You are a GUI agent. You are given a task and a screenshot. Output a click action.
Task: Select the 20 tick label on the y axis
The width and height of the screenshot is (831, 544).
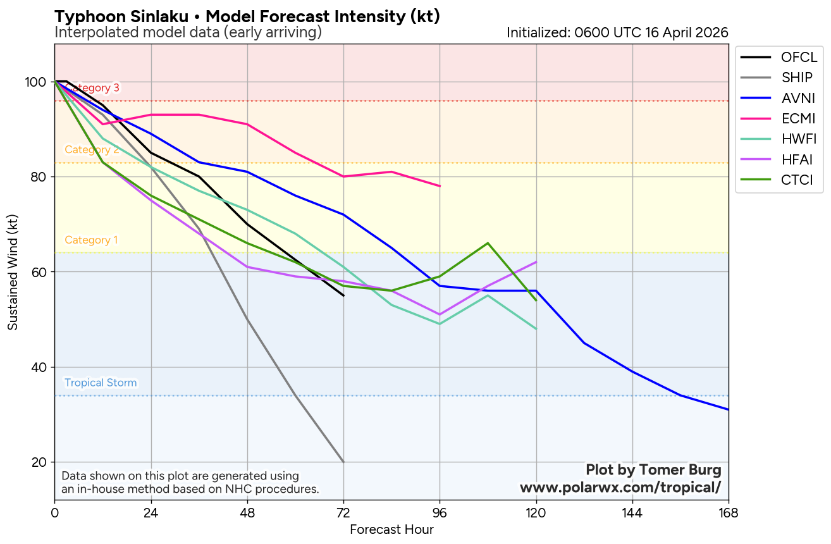pyautogui.click(x=40, y=462)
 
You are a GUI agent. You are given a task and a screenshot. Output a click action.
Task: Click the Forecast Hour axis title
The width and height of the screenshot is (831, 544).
pyautogui.click(x=391, y=529)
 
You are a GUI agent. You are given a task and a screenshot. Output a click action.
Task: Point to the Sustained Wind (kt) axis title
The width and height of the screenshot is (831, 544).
pyautogui.click(x=13, y=271)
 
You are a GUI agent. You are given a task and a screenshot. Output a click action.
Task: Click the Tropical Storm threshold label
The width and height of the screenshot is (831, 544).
pyautogui.click(x=101, y=383)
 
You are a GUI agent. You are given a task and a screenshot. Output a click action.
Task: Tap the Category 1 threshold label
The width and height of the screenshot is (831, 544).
pyautogui.click(x=91, y=240)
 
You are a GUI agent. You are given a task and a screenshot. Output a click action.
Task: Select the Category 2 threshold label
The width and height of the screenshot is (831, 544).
pyautogui.click(x=92, y=150)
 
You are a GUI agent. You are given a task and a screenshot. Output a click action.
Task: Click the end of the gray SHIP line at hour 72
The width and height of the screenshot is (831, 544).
pyautogui.click(x=343, y=462)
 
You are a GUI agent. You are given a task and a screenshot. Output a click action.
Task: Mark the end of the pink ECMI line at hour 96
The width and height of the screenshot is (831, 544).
pyautogui.click(x=440, y=186)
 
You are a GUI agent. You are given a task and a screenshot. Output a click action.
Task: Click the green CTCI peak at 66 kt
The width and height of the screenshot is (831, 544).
pyautogui.click(x=488, y=243)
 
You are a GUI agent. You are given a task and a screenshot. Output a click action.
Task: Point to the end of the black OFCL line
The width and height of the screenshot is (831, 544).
pyautogui.click(x=343, y=295)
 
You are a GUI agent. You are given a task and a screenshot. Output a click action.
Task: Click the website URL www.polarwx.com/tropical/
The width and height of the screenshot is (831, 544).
pyautogui.click(x=620, y=488)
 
